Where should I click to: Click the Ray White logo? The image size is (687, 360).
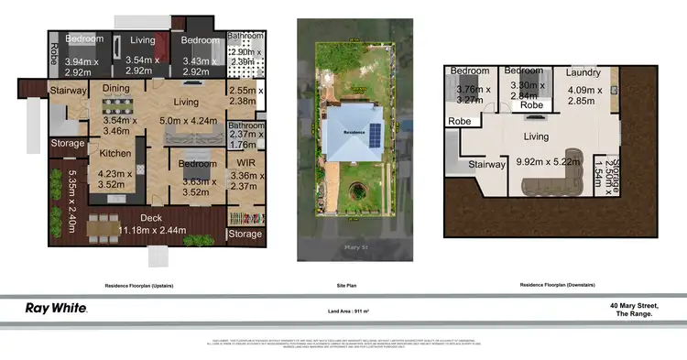[x=55, y=309]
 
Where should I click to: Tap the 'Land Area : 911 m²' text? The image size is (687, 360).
[x=343, y=311]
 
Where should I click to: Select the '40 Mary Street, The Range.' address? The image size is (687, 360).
[x=634, y=309]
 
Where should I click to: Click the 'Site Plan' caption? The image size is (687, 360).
[x=343, y=286]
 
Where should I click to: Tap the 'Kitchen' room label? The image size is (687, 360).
[x=115, y=153]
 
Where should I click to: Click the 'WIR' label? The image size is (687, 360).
[x=245, y=163]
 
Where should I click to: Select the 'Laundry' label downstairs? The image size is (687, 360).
[x=583, y=72]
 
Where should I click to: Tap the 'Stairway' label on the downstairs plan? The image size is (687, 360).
[x=486, y=165]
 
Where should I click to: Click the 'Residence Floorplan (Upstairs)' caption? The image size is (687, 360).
[x=138, y=286]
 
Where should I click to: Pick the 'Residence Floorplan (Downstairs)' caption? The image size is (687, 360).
[x=557, y=286]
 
